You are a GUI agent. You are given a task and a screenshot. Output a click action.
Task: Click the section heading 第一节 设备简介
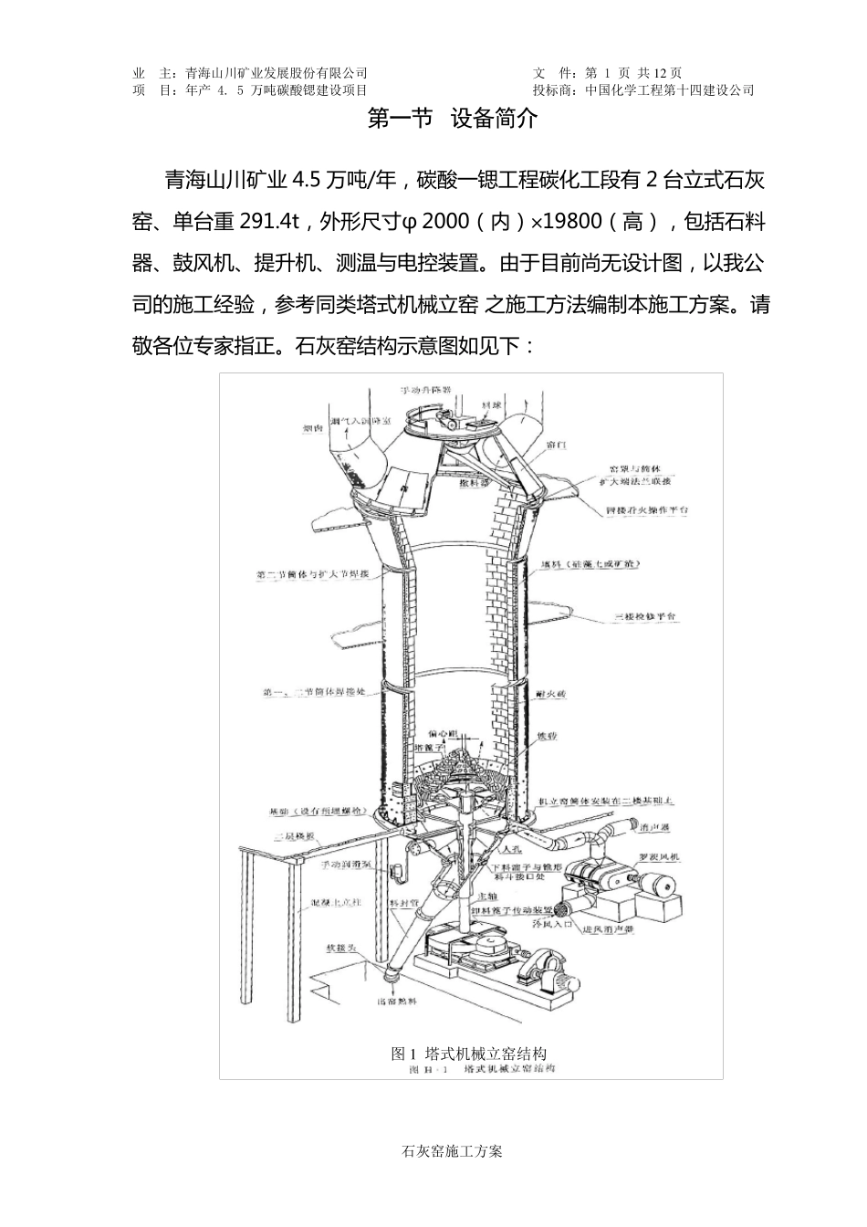tap(452, 120)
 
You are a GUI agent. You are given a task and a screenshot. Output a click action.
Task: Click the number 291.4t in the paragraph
tap(270, 221)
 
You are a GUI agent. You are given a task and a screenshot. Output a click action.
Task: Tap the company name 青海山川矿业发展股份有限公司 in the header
tap(276, 73)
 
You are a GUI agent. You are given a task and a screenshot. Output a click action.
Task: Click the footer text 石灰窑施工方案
tap(452, 1151)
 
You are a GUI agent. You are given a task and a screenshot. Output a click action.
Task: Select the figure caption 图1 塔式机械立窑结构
tap(469, 1053)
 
